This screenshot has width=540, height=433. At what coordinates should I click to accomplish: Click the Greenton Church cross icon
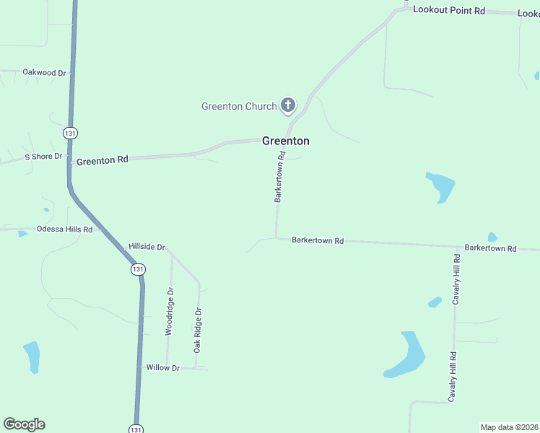click(287, 106)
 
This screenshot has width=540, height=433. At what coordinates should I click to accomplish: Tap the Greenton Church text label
click(239, 107)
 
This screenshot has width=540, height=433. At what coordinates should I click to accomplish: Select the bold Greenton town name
click(286, 141)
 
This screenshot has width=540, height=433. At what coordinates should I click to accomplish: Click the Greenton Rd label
click(102, 160)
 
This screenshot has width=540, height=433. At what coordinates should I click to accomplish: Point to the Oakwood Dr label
click(44, 73)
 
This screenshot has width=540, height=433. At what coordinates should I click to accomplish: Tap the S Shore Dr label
click(44, 157)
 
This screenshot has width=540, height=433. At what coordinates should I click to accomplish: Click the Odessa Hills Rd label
click(65, 229)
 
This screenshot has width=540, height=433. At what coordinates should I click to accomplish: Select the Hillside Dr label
click(147, 247)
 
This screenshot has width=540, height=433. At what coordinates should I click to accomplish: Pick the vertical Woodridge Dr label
click(170, 312)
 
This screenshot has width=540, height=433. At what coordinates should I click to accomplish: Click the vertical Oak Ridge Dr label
click(197, 330)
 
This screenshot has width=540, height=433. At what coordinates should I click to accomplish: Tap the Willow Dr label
click(162, 368)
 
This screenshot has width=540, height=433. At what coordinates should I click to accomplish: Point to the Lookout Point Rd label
click(448, 9)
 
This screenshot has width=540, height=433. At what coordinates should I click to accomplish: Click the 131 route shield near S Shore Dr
click(70, 134)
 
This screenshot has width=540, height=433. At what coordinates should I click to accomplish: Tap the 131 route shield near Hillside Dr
click(138, 269)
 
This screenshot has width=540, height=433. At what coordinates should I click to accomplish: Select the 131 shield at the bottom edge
click(136, 428)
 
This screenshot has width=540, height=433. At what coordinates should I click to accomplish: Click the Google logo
click(24, 424)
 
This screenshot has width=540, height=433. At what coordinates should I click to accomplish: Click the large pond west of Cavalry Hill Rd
click(406, 355)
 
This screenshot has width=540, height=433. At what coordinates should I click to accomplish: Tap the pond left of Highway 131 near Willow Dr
click(32, 357)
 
